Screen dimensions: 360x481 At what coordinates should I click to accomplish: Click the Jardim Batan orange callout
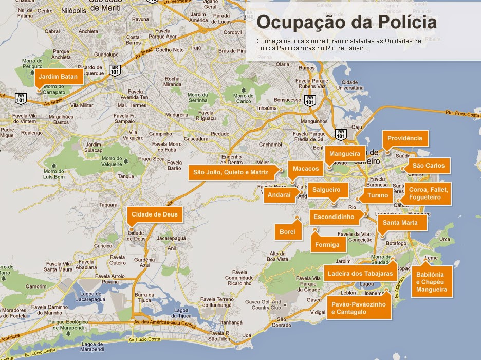pyautogui.click(x=58, y=77)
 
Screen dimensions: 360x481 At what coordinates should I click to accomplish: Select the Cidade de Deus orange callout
pyautogui.click(x=154, y=214)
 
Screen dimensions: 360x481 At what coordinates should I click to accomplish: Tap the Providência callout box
pyautogui.click(x=405, y=138)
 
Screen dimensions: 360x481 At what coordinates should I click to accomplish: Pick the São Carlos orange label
pyautogui.click(x=428, y=166)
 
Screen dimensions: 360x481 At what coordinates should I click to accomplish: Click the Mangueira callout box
pyautogui.click(x=344, y=153)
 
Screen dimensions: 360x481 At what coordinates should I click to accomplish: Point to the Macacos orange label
pyautogui.click(x=306, y=169)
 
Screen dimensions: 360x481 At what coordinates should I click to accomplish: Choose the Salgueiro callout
pyautogui.click(x=327, y=190)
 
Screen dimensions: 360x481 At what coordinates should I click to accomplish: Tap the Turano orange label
pyautogui.click(x=378, y=195)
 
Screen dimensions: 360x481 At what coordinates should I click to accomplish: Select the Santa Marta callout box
pyautogui.click(x=404, y=223)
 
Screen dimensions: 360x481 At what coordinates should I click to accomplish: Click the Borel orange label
pyautogui.click(x=288, y=232)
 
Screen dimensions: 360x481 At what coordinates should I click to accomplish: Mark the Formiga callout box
pyautogui.click(x=327, y=245)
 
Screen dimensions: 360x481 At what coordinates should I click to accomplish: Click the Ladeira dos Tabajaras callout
pyautogui.click(x=360, y=273)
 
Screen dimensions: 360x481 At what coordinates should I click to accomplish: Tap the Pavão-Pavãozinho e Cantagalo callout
pyautogui.click(x=358, y=308)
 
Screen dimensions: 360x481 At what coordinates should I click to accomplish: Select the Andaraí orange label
pyautogui.click(x=279, y=195)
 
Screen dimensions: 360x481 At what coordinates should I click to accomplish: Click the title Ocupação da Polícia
pyautogui.click(x=346, y=23)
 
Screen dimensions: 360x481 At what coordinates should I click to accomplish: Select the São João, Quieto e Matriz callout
pyautogui.click(x=231, y=172)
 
